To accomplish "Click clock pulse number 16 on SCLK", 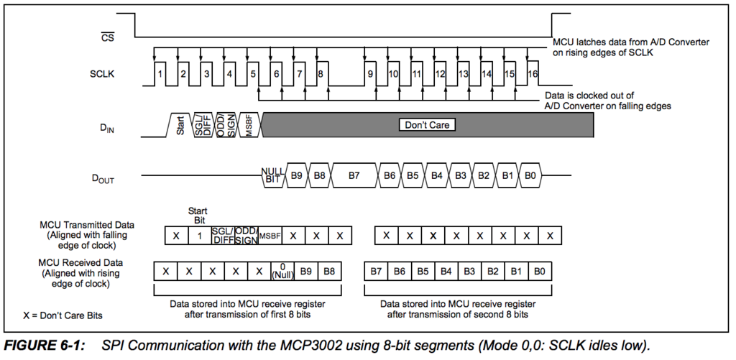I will point(532,74).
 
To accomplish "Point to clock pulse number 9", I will point(371,74).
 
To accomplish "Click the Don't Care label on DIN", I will point(428,124).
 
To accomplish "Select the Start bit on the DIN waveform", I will point(180,124).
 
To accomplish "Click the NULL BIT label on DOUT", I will point(272,175).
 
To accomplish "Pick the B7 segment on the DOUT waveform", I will point(353,175).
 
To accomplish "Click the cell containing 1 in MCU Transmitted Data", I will point(199,236).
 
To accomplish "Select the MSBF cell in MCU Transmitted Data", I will point(270,236).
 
